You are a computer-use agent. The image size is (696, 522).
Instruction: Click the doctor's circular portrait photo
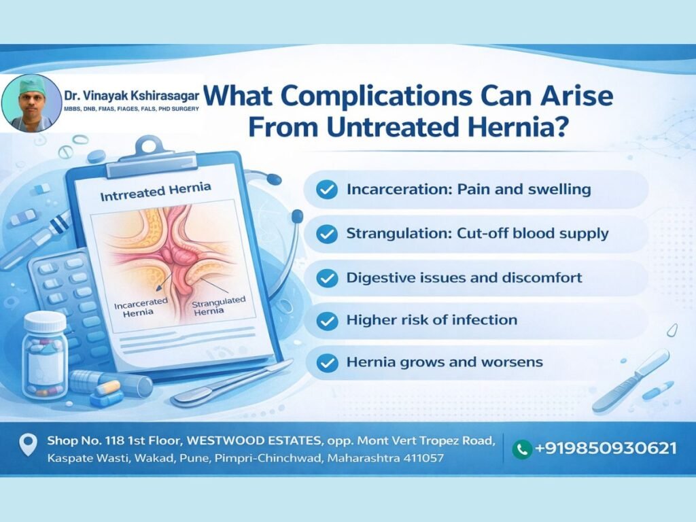31,103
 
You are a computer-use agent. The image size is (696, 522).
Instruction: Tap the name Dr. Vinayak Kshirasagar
131,96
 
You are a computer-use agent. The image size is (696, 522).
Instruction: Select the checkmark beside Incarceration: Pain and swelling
327,190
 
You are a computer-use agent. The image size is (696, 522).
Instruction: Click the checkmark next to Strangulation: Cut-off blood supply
327,234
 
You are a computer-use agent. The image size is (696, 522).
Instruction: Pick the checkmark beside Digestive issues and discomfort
327,278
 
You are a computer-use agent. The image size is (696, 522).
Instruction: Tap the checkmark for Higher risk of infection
327,320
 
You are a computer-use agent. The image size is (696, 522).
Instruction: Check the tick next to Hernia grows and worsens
327,362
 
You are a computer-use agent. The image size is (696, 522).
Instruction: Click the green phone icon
522,449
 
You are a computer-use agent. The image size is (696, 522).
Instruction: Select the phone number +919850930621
606,448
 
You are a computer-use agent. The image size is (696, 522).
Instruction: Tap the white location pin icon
29,444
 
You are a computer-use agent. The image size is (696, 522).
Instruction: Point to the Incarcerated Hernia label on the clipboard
140,307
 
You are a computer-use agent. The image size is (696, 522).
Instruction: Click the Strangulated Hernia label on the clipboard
217,306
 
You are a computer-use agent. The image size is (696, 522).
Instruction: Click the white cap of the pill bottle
44,321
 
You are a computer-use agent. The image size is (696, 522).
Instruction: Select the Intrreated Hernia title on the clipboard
156,191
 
